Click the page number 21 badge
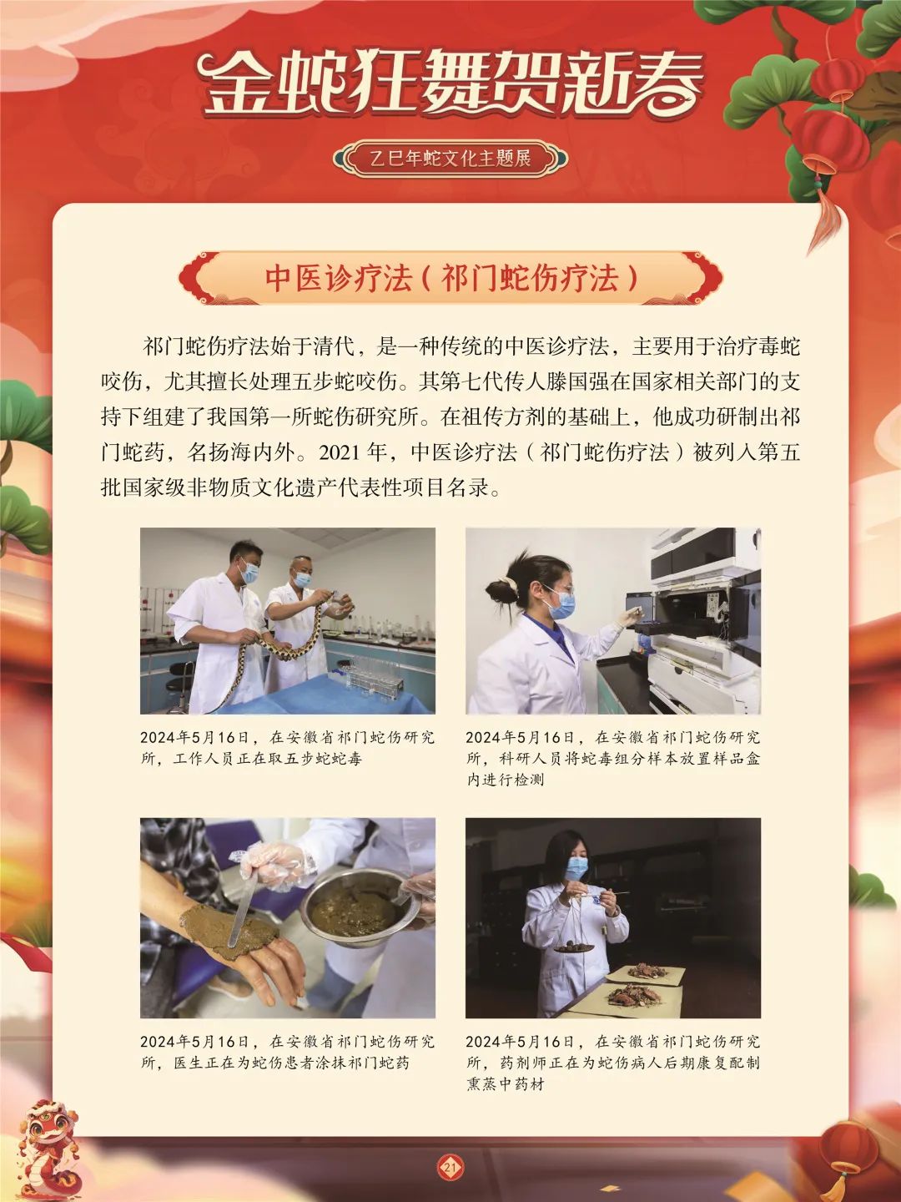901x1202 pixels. pyautogui.click(x=450, y=1166)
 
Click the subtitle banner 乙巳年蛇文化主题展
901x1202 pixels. pyautogui.click(x=450, y=158)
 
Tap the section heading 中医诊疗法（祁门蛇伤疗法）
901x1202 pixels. pyautogui.click(x=450, y=278)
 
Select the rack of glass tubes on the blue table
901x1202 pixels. pyautogui.click(x=373, y=674)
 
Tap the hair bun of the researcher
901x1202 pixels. pyautogui.click(x=500, y=590)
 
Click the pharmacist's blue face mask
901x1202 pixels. pyautogui.click(x=576, y=869)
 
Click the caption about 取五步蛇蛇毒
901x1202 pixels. pyautogui.click(x=287, y=748)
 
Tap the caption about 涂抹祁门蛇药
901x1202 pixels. pyautogui.click(x=287, y=1053)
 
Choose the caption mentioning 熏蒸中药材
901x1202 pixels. pyautogui.click(x=612, y=1063)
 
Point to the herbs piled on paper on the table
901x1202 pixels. pyautogui.click(x=634, y=993)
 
